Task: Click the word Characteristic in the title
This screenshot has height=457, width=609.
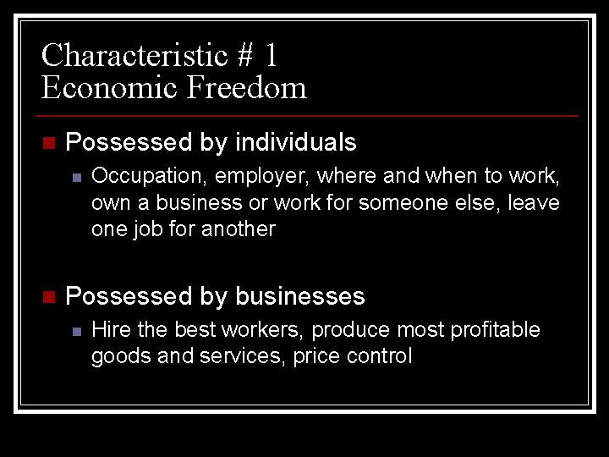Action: coord(135,56)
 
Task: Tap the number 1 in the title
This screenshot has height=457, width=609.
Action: coord(270,56)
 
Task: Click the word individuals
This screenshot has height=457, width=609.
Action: coord(296,142)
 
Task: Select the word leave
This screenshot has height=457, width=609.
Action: coord(534,203)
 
